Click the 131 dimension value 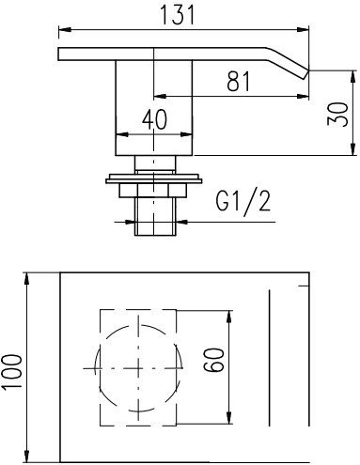point(178,15)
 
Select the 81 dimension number point(239,82)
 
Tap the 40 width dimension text point(154,119)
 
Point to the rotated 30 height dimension point(337,114)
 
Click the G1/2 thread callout point(243,201)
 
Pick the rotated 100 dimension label point(11,372)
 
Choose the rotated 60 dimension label point(214,360)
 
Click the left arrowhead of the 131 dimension point(65,29)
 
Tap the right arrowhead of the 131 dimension point(303,29)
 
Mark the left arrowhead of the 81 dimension point(160,96)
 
